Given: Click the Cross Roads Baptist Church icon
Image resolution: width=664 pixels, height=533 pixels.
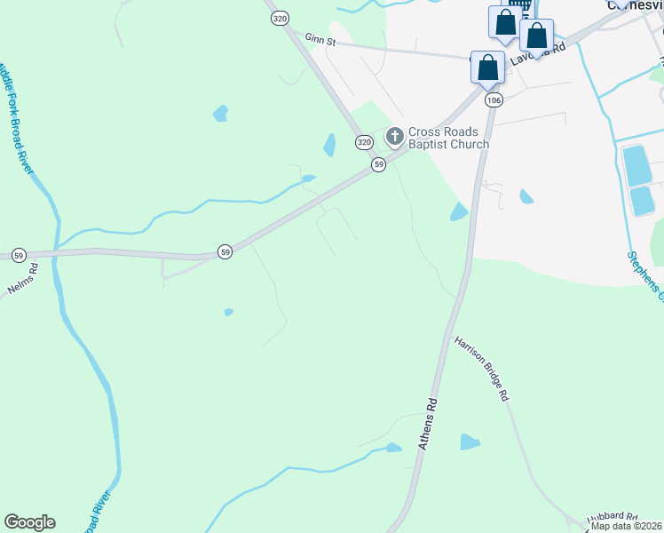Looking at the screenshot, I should coord(395,137).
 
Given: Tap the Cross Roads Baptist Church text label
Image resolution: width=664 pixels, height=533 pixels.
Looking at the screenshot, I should coord(448,138).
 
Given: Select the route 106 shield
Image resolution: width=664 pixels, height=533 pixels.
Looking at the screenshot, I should coord(494,100).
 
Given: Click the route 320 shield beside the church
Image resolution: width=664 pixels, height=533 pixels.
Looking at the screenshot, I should coord(364,142).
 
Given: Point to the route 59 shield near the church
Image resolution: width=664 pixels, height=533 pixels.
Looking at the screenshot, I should coord(378,165).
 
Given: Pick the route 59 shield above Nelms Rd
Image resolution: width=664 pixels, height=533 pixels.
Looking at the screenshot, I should coord(19,256).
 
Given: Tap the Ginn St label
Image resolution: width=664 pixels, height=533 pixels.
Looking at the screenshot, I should coord(320,39).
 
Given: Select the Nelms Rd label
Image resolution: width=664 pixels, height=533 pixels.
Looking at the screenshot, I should coord(20,279).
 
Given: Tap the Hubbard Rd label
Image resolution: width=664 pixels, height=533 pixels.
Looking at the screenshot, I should coord(612,516).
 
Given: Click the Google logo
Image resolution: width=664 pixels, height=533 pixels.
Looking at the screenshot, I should coord(29,522).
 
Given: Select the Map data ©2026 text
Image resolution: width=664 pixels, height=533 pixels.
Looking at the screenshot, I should coord(627,526).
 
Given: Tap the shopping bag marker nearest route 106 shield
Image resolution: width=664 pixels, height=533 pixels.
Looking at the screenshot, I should coord(487,68).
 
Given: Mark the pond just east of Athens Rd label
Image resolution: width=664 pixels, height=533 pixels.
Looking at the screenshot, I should coord(470,442).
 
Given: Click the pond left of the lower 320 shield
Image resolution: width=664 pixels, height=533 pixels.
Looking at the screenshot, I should coord(329,145).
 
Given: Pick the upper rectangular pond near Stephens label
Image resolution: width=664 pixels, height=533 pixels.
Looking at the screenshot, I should coord(636,166).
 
